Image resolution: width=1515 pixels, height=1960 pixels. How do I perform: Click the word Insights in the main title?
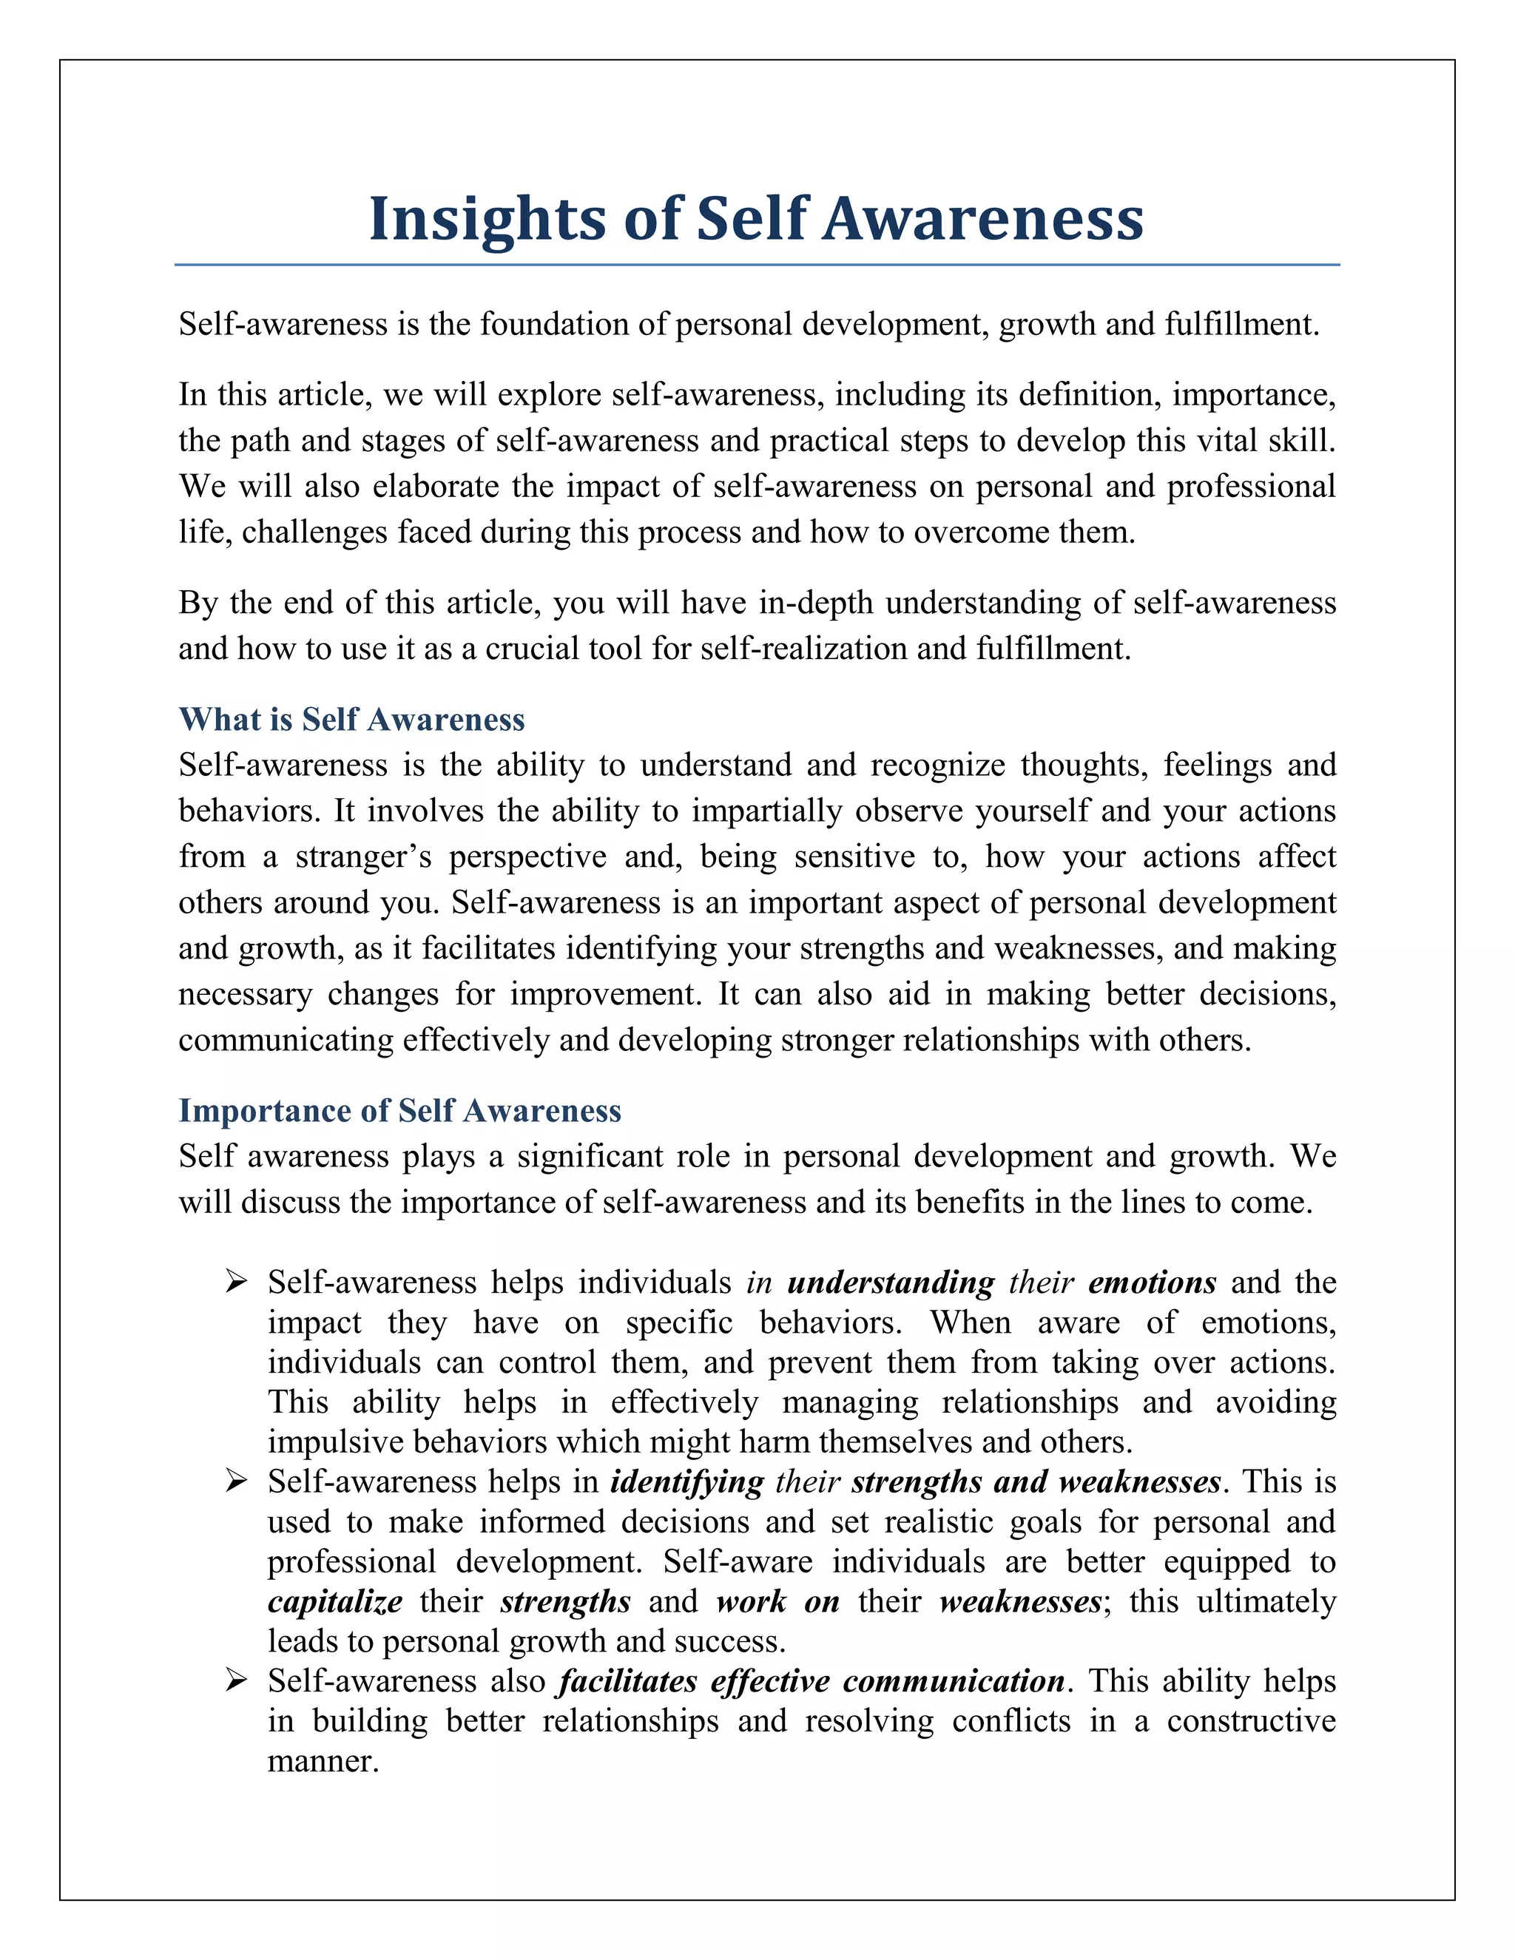(x=487, y=219)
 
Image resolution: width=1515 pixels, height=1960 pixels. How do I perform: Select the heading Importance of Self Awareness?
(x=399, y=1110)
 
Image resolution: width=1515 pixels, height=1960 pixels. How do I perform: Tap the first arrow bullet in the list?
(x=236, y=1282)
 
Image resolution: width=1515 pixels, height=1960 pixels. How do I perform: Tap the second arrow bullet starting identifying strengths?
(x=236, y=1481)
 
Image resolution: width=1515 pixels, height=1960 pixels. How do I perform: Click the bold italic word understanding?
(x=891, y=1283)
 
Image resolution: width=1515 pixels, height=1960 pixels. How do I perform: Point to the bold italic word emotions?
(x=1152, y=1283)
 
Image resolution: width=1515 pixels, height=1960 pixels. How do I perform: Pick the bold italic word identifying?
(x=686, y=1481)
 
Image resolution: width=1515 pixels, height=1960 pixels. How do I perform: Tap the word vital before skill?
(x=1224, y=441)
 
